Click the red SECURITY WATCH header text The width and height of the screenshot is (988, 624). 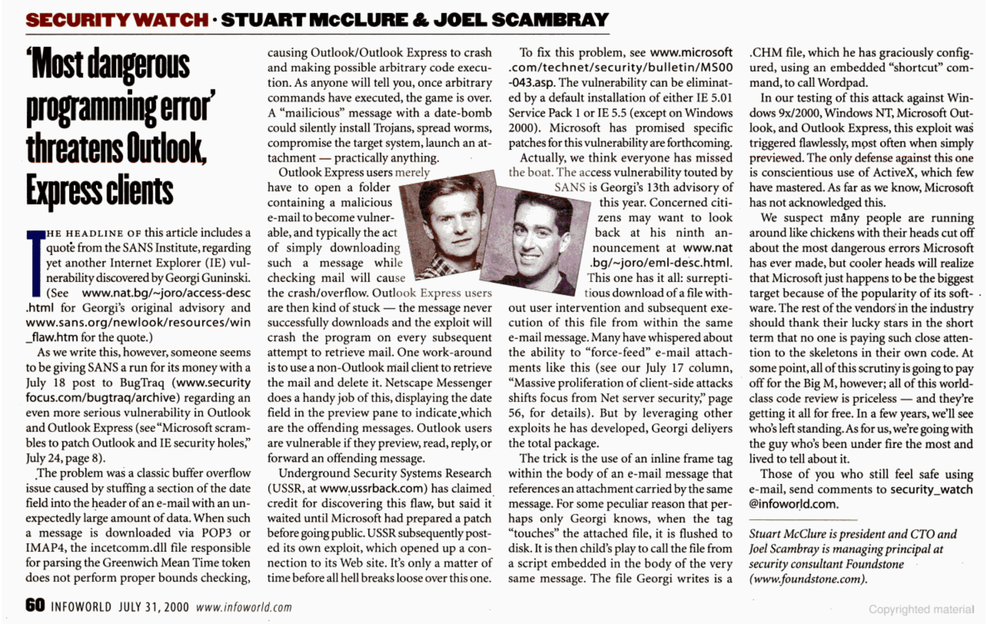click(117, 20)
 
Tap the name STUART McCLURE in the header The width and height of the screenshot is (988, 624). click(314, 20)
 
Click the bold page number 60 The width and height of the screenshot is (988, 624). click(35, 605)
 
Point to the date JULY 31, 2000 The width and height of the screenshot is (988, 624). click(153, 607)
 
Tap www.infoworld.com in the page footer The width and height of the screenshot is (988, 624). click(244, 607)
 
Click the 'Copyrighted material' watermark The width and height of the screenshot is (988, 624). click(921, 609)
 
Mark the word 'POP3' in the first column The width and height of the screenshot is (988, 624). click(219, 533)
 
